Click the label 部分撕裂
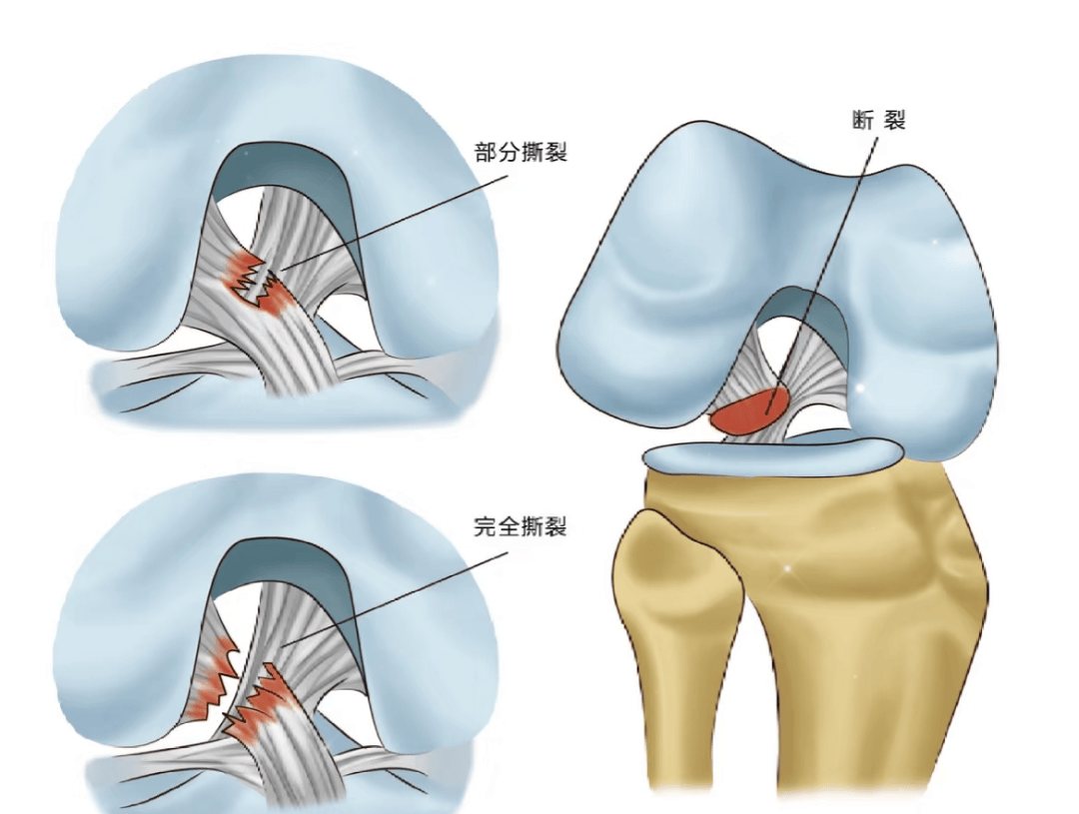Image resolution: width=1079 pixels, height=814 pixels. point(521,152)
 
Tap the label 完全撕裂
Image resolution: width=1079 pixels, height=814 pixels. point(521,527)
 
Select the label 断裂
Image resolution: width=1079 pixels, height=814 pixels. point(879,121)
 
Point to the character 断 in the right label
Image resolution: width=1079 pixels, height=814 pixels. point(863,121)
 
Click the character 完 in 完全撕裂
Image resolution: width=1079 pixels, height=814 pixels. point(486,527)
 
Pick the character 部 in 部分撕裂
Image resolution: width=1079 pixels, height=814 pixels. point(487,152)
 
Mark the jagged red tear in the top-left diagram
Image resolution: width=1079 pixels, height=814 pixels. point(258,285)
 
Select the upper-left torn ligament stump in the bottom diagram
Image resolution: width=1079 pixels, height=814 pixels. point(214,678)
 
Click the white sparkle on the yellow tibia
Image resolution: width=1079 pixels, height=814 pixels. point(789,568)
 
